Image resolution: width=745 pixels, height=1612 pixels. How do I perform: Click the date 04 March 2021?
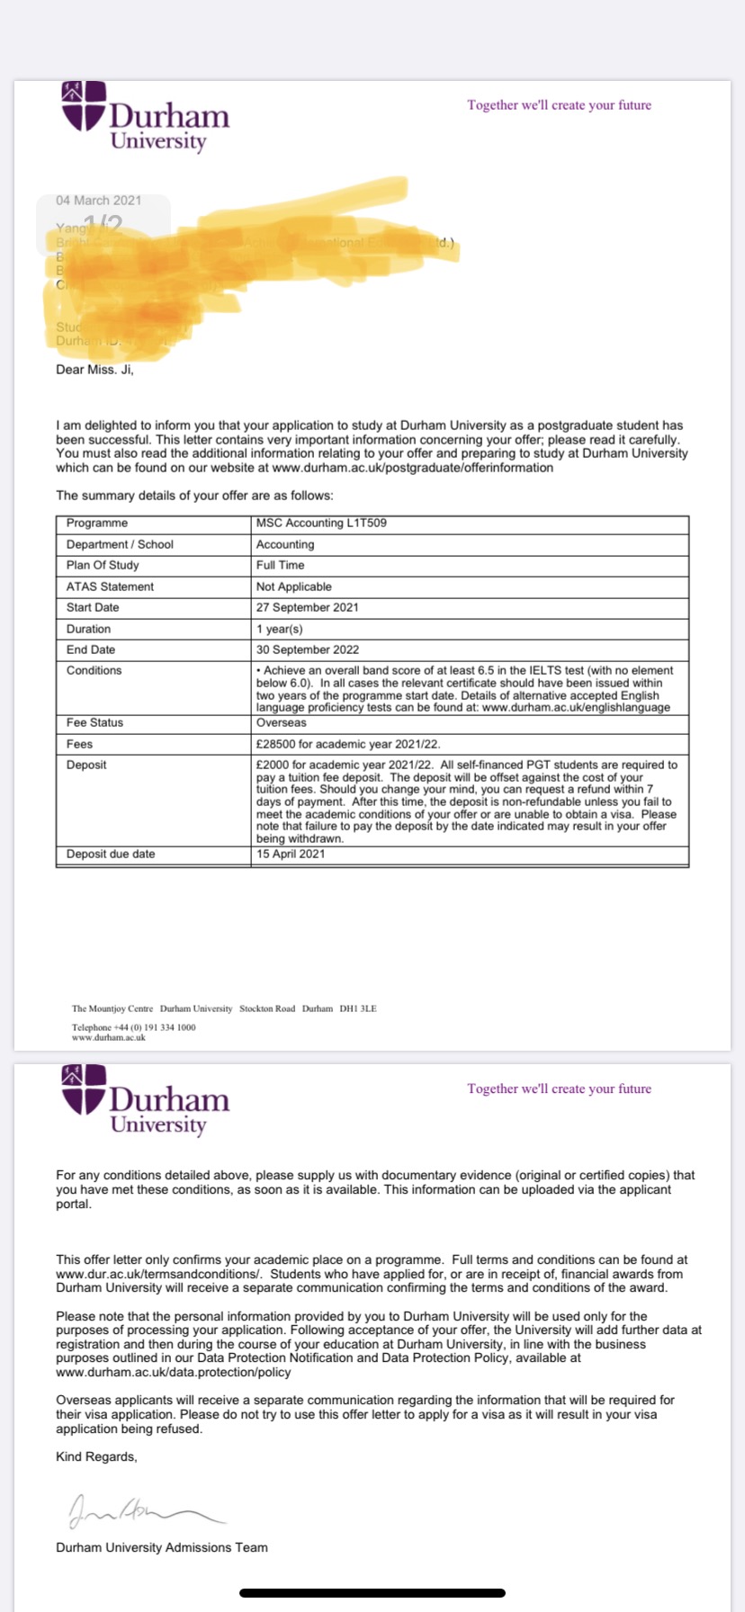[99, 201]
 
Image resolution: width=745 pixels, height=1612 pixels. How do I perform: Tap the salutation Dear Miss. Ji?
[94, 370]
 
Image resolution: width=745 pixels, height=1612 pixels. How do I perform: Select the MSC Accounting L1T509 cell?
[321, 524]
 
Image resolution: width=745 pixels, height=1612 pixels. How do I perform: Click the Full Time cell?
[281, 565]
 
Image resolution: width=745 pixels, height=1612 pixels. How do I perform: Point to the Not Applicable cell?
[294, 587]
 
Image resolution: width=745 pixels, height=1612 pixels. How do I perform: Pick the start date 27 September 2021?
[308, 607]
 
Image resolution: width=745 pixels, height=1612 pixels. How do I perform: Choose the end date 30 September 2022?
[308, 649]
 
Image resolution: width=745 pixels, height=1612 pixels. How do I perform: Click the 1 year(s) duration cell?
[280, 629]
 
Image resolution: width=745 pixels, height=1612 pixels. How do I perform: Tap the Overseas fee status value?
[282, 722]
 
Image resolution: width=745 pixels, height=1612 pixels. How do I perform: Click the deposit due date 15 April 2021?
[291, 854]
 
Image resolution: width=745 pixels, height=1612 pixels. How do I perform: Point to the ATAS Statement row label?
[110, 587]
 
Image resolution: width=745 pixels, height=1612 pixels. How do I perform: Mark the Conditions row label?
[94, 670]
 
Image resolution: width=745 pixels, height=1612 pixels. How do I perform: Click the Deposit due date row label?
[111, 854]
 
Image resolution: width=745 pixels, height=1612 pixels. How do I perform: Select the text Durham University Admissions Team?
[162, 1548]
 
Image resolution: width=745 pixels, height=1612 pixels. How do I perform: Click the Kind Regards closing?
[97, 1457]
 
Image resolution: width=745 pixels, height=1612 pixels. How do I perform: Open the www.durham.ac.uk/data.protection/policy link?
[174, 1373]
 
